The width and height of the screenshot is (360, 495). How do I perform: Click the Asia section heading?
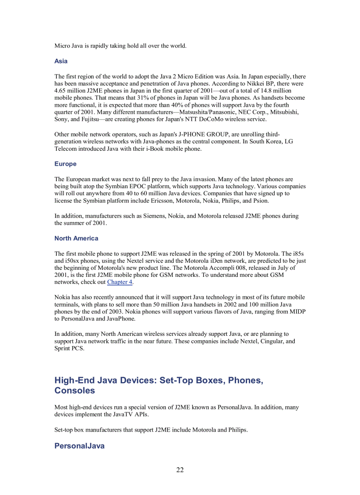(61, 61)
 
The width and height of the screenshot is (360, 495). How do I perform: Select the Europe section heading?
(65, 164)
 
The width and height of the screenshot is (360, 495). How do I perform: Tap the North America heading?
(76, 238)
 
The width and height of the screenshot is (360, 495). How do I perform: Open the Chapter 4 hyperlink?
(120, 282)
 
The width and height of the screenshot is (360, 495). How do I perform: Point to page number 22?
(180, 470)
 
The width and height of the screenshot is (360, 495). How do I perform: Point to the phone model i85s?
(298, 253)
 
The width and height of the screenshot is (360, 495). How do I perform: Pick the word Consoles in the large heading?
(75, 391)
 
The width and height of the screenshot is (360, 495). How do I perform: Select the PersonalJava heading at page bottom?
(79, 446)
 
